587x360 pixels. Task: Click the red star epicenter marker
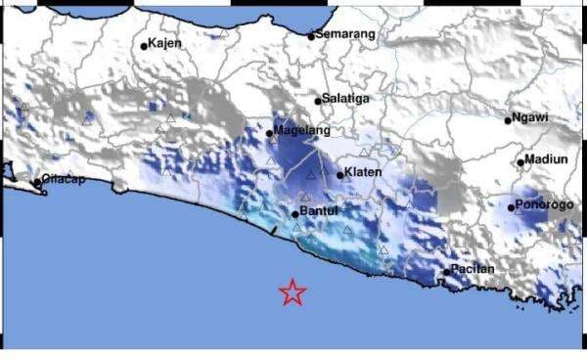pos(292,292)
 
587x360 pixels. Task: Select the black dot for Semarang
pos(312,37)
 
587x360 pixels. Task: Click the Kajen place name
pos(165,43)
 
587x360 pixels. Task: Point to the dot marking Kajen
pos(144,45)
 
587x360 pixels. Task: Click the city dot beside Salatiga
pos(319,100)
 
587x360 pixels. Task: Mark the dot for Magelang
pos(270,133)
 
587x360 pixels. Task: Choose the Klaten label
pos(363,173)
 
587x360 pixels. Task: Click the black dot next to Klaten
pos(340,175)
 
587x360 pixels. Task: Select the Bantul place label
pos(319,210)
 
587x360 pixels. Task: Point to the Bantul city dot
pos(295,212)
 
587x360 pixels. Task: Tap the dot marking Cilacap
pos(37,182)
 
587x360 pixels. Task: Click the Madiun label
pos(545,159)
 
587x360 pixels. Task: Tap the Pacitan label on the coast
pos(474,269)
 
